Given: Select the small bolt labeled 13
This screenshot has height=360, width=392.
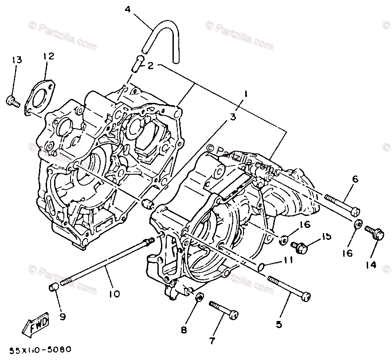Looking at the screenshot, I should (12, 101).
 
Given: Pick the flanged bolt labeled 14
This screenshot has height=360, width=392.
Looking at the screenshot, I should (374, 232).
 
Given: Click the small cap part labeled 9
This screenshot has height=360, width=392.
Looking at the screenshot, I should (54, 289).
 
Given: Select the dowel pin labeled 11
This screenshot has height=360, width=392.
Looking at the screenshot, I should (262, 266).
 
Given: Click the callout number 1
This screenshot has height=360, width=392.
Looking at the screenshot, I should (245, 94).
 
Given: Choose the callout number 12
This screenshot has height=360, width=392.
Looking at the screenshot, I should (48, 56).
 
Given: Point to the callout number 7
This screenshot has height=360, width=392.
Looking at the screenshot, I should (212, 341).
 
